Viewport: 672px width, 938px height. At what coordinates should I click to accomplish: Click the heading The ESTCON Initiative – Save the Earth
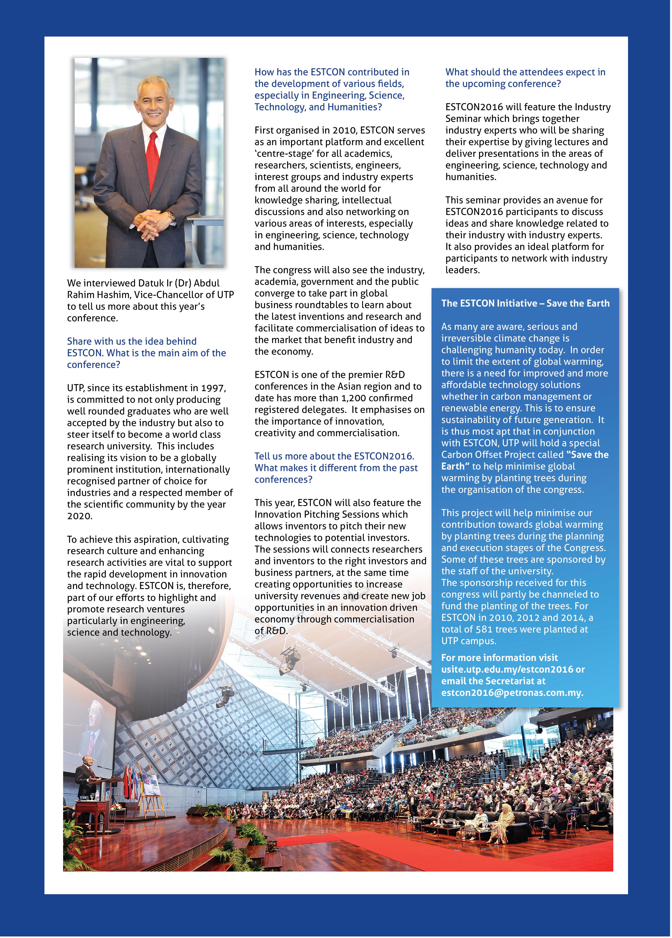tap(525, 303)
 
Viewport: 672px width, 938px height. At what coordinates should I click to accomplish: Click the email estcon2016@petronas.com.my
tap(512, 693)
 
